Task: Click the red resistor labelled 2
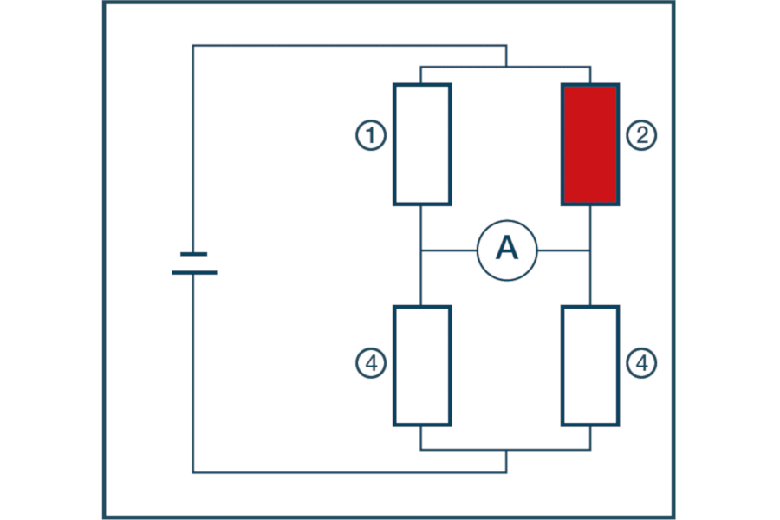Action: pos(590,144)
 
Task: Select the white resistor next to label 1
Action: pos(422,144)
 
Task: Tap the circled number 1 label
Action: pos(370,135)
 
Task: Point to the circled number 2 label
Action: pos(642,135)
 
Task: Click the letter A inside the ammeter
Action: pos(507,250)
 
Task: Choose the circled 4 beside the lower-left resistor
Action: pos(370,365)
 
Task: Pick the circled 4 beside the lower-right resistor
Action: pos(642,365)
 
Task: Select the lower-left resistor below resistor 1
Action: pos(422,365)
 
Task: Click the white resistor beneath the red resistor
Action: pos(590,365)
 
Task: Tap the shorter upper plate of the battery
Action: pos(193,254)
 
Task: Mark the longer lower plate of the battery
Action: pos(193,272)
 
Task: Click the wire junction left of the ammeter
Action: pos(421,250)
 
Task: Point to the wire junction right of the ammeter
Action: pos(590,250)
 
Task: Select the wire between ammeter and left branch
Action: pos(449,250)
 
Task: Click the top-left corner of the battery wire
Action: pos(193,46)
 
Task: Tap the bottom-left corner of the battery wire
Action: pos(193,472)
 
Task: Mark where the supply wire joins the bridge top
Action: pos(506,67)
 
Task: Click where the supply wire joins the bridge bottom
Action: pos(506,450)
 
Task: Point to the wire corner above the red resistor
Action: pos(590,67)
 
